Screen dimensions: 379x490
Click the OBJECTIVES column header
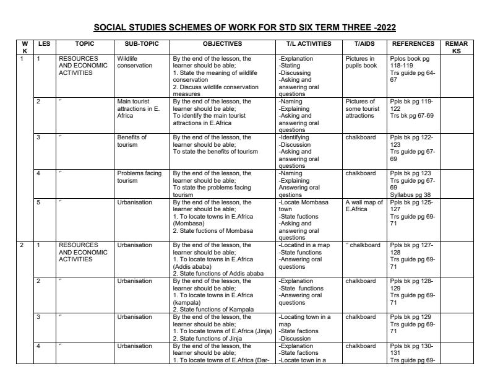coord(222,44)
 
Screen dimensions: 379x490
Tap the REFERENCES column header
coord(411,44)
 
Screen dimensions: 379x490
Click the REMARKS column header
coord(456,48)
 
